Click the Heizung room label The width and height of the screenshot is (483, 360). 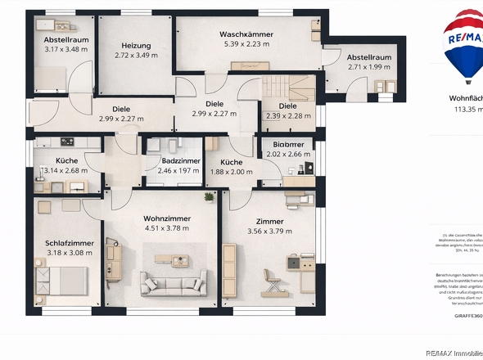click(x=136, y=46)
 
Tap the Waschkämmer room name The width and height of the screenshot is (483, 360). click(x=246, y=34)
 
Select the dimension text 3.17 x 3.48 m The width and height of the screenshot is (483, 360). click(x=65, y=49)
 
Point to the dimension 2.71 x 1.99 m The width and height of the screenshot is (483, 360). click(x=369, y=67)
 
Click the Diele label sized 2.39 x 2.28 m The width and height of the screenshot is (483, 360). click(x=287, y=106)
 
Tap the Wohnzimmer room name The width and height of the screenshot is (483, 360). click(x=166, y=218)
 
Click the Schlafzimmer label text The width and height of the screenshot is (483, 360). click(x=70, y=243)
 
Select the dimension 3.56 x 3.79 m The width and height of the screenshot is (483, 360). click(x=269, y=232)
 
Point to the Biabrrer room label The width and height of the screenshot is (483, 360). click(x=285, y=143)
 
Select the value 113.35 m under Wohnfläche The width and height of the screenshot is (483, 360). click(x=468, y=109)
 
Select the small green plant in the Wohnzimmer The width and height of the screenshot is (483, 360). click(x=209, y=197)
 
